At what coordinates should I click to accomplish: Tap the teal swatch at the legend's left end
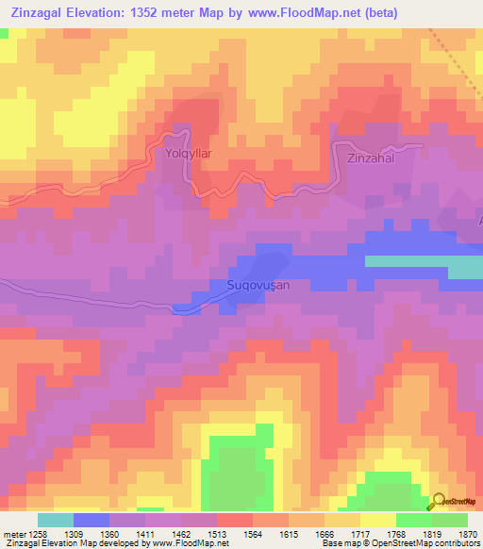pyautogui.click(x=56, y=520)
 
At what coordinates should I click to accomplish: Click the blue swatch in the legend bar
pyautogui.click(x=92, y=520)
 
